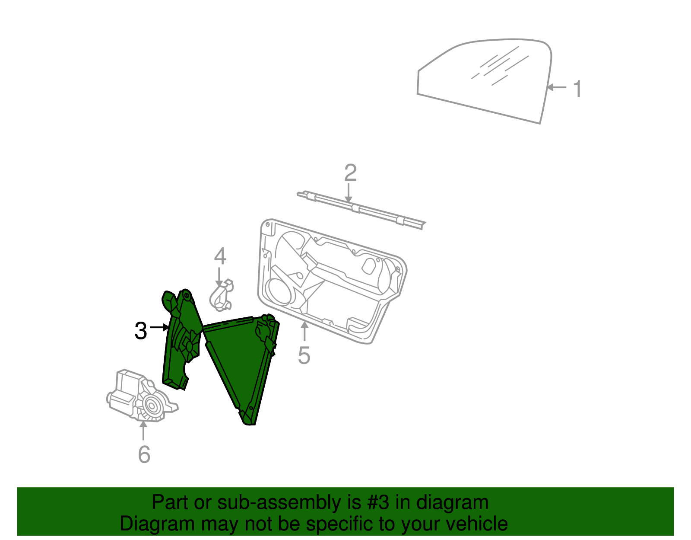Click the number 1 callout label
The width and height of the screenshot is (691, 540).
(577, 89)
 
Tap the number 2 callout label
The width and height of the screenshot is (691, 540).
(350, 173)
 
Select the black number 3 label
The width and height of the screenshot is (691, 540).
(141, 331)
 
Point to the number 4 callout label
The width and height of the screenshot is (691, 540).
(220, 256)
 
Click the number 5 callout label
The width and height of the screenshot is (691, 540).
(304, 355)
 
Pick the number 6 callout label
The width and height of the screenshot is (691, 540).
(144, 454)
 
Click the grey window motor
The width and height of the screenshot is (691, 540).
(138, 396)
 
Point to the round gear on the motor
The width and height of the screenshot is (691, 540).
(152, 406)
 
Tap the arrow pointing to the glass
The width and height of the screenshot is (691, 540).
(557, 87)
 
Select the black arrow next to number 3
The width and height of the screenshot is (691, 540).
(159, 328)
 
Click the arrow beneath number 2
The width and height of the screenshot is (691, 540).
(349, 192)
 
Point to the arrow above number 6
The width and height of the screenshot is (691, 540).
(143, 430)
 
